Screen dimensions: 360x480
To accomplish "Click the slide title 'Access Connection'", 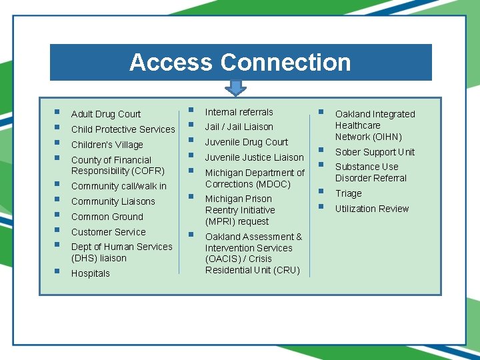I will point(240,62).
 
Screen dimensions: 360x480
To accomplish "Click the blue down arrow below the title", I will point(235,88).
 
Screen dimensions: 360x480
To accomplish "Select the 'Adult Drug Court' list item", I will point(106,114).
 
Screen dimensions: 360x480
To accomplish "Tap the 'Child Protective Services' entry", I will point(123,129).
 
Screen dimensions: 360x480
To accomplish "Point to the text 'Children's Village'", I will point(107,145).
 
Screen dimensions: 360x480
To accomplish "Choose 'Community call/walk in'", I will point(119,186).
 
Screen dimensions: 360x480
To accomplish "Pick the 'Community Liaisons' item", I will point(113,201).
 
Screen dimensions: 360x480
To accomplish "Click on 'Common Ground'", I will point(107,217).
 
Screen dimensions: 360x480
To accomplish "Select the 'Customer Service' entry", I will point(108,232).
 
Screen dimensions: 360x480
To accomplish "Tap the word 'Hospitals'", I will point(90,273).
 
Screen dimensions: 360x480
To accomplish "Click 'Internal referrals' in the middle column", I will point(239,112).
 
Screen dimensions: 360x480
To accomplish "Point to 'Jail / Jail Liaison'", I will point(239,127).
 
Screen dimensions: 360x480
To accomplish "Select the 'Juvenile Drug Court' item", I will point(246,142).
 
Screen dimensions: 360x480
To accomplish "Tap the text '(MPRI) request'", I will point(237,221).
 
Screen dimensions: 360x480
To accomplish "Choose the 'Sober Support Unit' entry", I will point(375,152).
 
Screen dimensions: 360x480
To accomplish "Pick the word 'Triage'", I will point(348,193).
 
